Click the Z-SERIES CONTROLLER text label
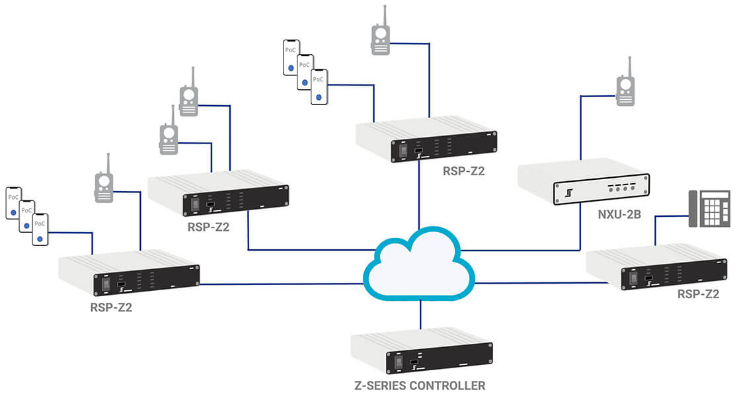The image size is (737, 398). tap(420, 386)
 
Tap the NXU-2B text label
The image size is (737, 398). tap(619, 215)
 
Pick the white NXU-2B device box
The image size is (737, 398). tap(583, 182)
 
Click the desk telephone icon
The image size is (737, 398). tap(709, 209)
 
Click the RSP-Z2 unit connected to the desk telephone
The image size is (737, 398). tap(657, 266)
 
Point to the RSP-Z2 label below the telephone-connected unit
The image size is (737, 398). tap(698, 295)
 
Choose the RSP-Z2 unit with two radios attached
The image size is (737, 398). tap(218, 192)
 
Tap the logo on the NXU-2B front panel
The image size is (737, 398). tap(569, 192)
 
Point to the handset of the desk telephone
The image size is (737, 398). tap(693, 209)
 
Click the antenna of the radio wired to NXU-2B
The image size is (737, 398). tap(629, 67)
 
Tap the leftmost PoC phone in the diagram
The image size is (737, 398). tap(14, 203)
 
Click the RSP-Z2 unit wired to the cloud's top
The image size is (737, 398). tap(426, 139)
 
